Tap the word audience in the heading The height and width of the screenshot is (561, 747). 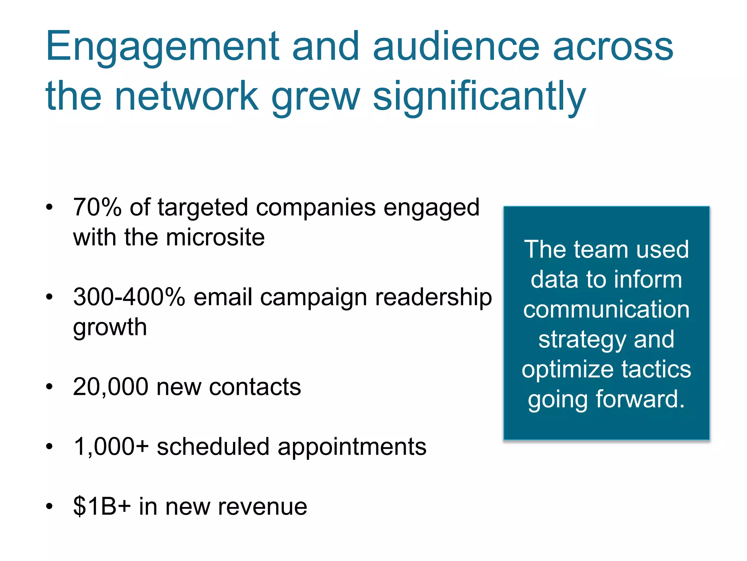(x=456, y=47)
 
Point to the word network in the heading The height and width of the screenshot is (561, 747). (x=187, y=96)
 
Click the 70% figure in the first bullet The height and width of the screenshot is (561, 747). (x=97, y=207)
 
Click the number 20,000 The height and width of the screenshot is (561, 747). (x=111, y=387)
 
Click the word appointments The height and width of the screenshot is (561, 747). (x=352, y=447)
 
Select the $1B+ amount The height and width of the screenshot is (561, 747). (x=102, y=507)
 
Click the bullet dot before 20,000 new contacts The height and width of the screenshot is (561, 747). (x=50, y=387)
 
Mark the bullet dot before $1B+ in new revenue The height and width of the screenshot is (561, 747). (x=50, y=507)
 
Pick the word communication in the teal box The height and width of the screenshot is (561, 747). (x=606, y=310)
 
